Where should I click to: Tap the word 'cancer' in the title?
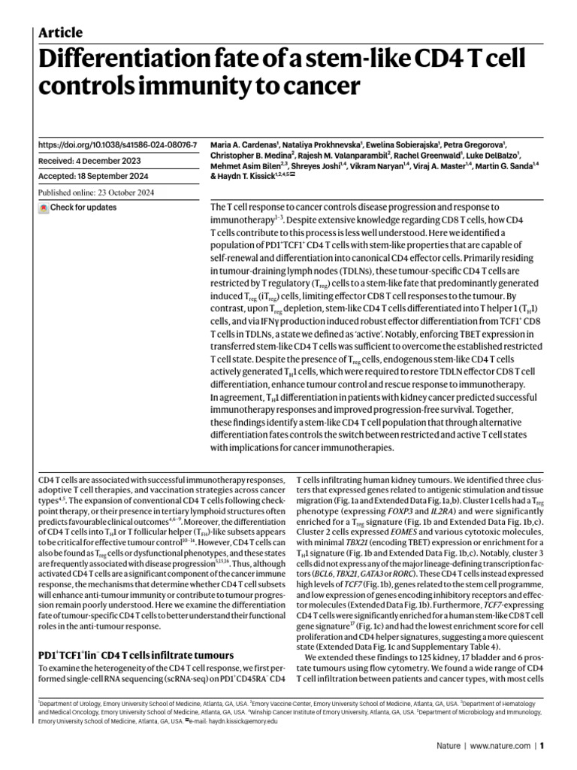tap(315, 87)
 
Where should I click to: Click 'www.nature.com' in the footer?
tap(502, 747)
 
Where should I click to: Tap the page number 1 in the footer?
tap(541, 747)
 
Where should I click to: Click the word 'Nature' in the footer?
tap(449, 747)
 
